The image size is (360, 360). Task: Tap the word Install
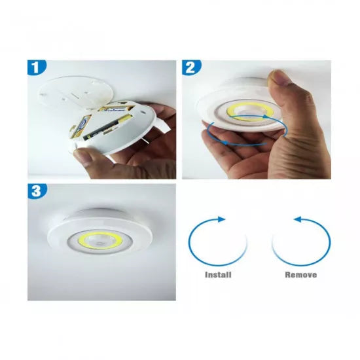pyautogui.click(x=218, y=275)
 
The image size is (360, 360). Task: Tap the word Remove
pyautogui.click(x=300, y=275)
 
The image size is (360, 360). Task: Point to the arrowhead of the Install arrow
pyautogui.click(x=223, y=219)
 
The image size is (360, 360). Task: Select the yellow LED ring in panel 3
pyautogui.click(x=83, y=240)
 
